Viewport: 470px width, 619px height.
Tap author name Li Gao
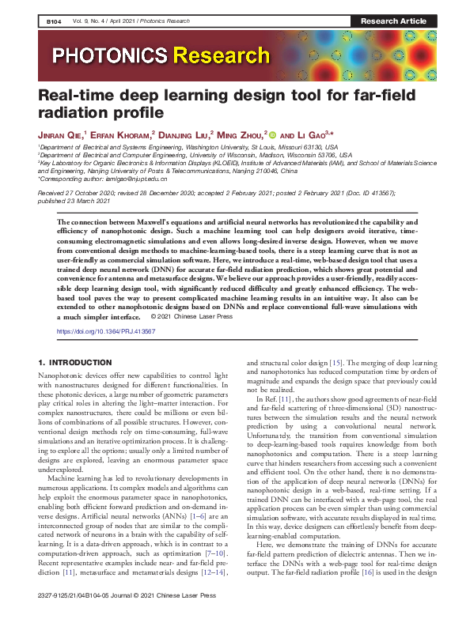click(309, 135)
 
